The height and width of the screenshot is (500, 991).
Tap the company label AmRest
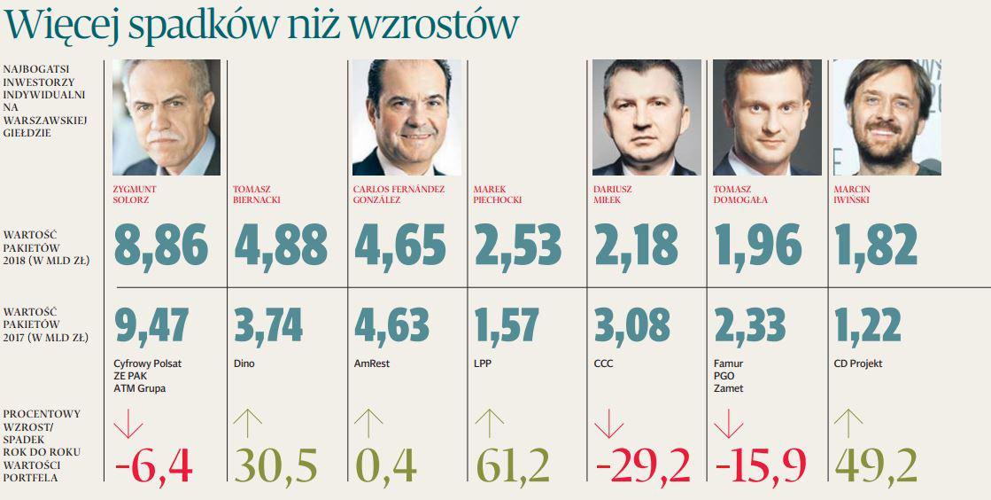pyautogui.click(x=371, y=363)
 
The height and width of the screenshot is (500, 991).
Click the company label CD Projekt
pyautogui.click(x=858, y=363)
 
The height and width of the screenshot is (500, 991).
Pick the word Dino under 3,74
pyautogui.click(x=244, y=363)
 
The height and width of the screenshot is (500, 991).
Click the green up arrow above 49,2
pyautogui.click(x=848, y=424)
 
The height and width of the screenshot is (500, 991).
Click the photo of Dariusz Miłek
pyautogui.click(x=646, y=117)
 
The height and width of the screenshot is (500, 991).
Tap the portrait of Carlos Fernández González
pyautogui.click(x=406, y=117)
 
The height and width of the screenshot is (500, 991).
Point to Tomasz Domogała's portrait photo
pyautogui.click(x=766, y=117)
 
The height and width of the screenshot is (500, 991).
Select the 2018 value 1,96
pyautogui.click(x=756, y=245)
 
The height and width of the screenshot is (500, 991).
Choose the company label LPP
pyautogui.click(x=483, y=363)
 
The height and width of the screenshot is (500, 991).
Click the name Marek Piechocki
pyautogui.click(x=498, y=194)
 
